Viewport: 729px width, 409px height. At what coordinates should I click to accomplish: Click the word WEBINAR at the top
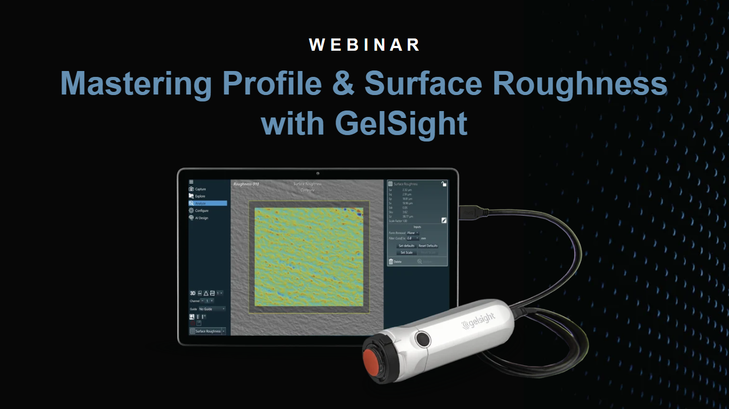point(364,45)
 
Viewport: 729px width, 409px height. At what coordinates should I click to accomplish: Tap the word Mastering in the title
point(136,83)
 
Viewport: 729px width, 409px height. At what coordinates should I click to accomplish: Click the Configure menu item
point(201,210)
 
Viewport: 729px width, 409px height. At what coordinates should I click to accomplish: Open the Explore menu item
point(200,196)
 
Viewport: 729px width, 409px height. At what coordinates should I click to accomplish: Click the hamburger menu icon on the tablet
point(191,182)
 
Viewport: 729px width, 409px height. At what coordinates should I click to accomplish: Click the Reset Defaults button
point(427,246)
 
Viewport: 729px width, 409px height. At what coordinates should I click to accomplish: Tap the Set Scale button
point(406,253)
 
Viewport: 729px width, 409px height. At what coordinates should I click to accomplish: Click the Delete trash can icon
point(391,262)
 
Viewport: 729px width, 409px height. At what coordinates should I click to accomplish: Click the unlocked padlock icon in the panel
point(443,184)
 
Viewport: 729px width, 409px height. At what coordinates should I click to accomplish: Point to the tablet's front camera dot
point(318,173)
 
